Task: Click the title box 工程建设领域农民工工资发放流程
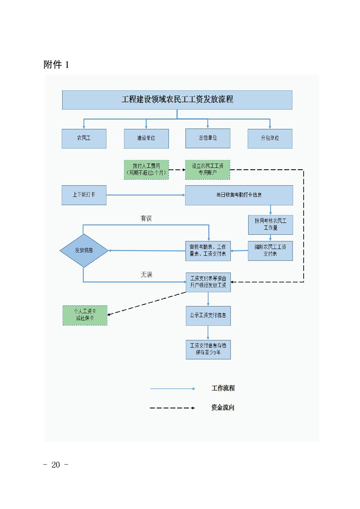point(177,100)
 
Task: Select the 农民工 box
point(84,138)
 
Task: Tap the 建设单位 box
point(146,138)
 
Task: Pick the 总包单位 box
point(208,138)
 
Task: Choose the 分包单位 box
point(270,138)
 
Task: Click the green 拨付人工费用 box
point(146,169)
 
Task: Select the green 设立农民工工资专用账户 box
point(207,169)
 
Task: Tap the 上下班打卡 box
point(84,195)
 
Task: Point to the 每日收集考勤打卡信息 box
point(239,195)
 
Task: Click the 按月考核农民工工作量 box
point(270,224)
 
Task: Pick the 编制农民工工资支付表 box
point(270,250)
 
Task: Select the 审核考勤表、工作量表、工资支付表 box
point(208,250)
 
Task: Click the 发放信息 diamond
point(84,250)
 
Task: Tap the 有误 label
point(146,219)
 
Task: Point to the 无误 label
point(146,275)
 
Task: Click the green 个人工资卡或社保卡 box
point(85,315)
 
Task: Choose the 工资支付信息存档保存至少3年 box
point(208,349)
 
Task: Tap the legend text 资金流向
point(223,408)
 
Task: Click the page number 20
point(56,465)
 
